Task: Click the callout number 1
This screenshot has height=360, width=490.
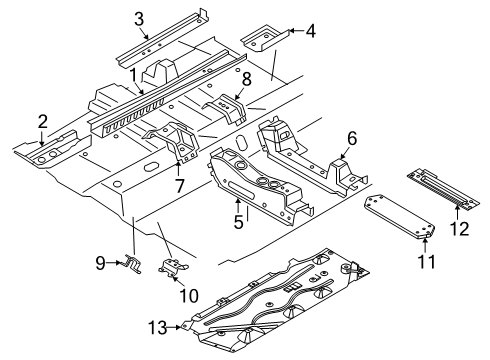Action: coord(133,76)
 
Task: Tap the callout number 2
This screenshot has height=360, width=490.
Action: coord(42,122)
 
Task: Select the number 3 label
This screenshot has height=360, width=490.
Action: coord(139,19)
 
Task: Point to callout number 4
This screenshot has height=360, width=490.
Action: coord(311,31)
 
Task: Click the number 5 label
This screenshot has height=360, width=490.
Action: coord(239,222)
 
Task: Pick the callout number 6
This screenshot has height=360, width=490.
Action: coord(352,138)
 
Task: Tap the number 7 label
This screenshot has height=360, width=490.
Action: coord(180,186)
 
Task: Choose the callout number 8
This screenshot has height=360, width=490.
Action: coord(247,80)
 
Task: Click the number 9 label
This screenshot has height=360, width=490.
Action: coord(100,263)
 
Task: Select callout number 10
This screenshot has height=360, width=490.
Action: coord(189,295)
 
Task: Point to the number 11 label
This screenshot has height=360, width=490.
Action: coord(426,262)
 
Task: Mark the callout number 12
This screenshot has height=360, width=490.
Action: coord(460,229)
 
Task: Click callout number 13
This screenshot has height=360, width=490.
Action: coord(158,328)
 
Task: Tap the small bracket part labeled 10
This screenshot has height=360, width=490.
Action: coord(172,266)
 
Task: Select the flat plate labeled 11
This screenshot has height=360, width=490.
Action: coord(399,217)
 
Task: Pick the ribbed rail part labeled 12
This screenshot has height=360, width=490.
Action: coord(443,190)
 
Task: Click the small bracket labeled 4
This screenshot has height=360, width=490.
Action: coord(265,38)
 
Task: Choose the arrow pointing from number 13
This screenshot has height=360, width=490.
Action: coord(174,327)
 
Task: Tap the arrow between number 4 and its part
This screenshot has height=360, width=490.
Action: coord(296,31)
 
